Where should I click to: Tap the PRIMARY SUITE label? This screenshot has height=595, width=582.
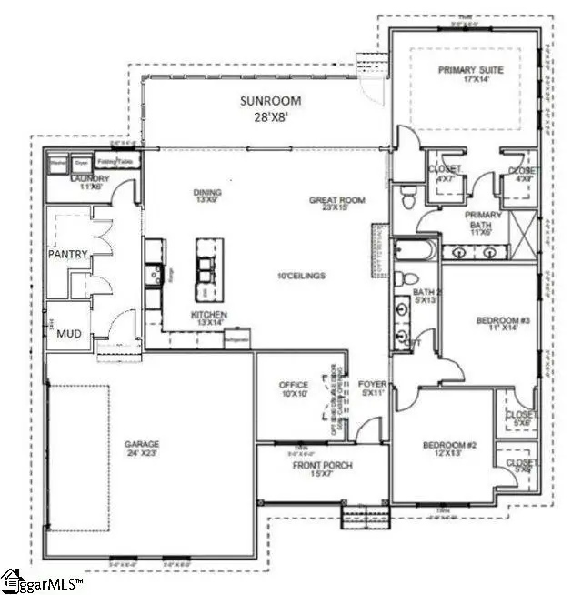(x=470, y=70)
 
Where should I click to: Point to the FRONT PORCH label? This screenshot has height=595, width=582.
(x=322, y=465)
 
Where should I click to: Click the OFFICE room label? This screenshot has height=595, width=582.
(x=293, y=386)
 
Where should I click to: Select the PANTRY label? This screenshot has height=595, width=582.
(x=67, y=255)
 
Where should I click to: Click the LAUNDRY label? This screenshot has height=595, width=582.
(x=89, y=178)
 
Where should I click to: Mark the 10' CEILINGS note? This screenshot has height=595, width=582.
(x=304, y=276)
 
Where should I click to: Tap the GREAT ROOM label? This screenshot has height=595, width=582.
(x=336, y=200)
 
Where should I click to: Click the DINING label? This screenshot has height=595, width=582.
(x=207, y=192)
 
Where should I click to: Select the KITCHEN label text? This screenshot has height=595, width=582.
(x=209, y=315)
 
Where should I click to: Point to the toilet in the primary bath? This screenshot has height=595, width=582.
(x=409, y=195)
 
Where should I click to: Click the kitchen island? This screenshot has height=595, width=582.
(x=208, y=269)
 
